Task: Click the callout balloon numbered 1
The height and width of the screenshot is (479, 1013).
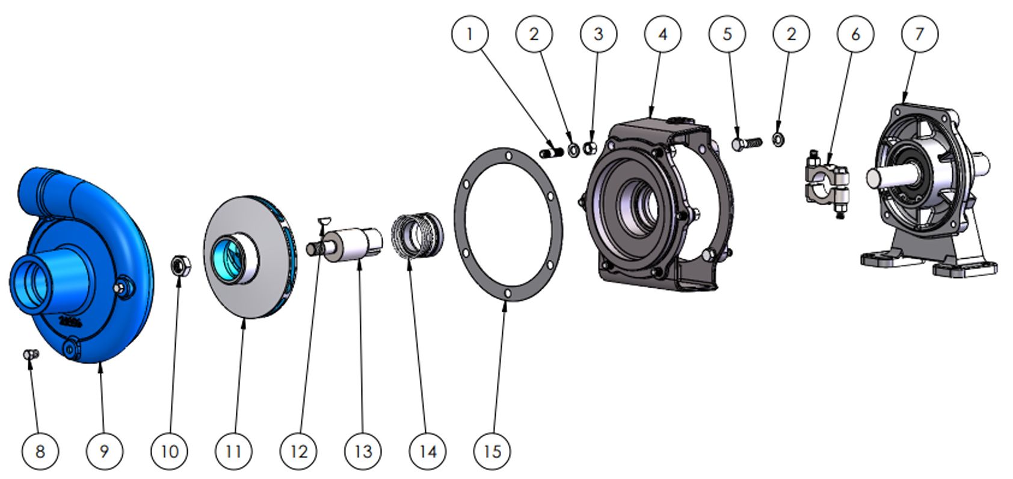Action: [x=470, y=34]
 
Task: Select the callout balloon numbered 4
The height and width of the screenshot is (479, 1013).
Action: [x=663, y=34]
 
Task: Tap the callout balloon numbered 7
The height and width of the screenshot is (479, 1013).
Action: [x=919, y=34]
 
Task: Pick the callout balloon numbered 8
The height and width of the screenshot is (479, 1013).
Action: [x=40, y=451]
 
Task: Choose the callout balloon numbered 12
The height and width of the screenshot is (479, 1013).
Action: [x=299, y=451]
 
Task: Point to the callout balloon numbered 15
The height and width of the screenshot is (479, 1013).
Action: [x=493, y=451]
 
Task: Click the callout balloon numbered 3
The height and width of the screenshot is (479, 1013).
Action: [x=598, y=34]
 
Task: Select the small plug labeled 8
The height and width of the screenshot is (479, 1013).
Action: [x=31, y=354]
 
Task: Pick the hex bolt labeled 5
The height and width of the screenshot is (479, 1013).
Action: [x=746, y=143]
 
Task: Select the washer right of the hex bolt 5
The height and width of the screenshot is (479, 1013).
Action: [x=778, y=140]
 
